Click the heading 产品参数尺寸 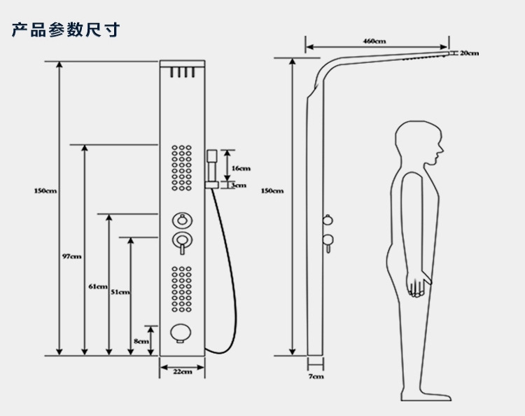tap(65, 30)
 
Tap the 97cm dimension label tap(71, 256)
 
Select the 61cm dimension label tap(98, 286)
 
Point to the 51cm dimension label tap(120, 292)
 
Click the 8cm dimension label tap(141, 341)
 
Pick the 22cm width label tap(182, 371)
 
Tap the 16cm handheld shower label tap(241, 168)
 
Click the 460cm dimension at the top tap(374, 41)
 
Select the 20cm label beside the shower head tap(469, 53)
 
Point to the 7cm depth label tap(316, 377)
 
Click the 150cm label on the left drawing tap(45, 191)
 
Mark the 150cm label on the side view tap(272, 190)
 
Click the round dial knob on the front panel tap(182, 221)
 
